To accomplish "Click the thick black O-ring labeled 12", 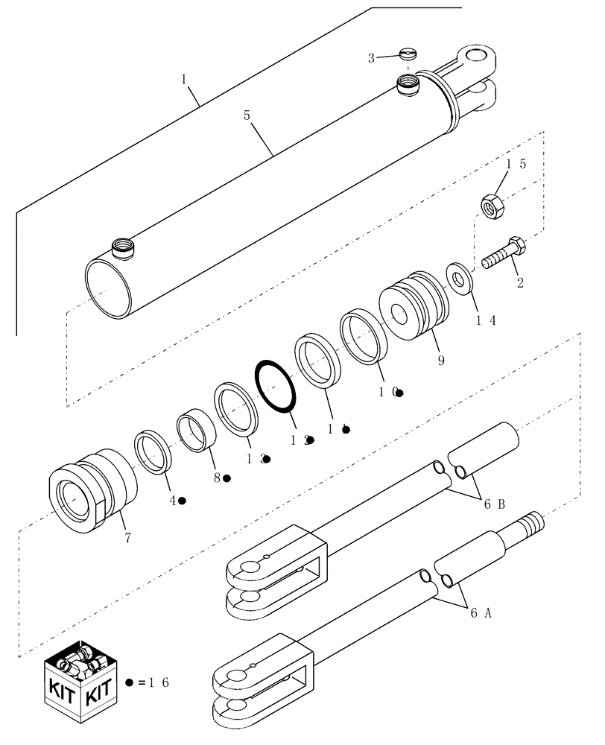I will (277, 385).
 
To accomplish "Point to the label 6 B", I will (496, 504).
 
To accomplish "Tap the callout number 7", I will (127, 537).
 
